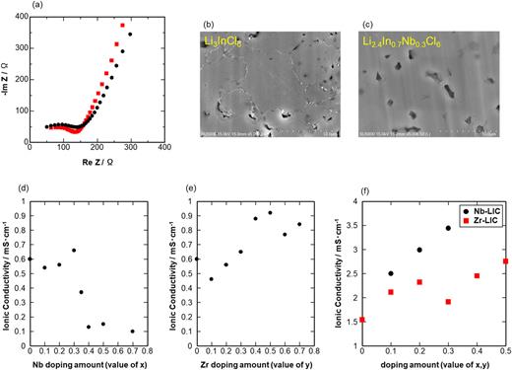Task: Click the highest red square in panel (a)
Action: click(x=123, y=25)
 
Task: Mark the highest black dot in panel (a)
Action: click(x=129, y=34)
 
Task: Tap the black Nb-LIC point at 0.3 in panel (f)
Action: click(x=447, y=228)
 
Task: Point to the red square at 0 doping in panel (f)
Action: click(x=362, y=320)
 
